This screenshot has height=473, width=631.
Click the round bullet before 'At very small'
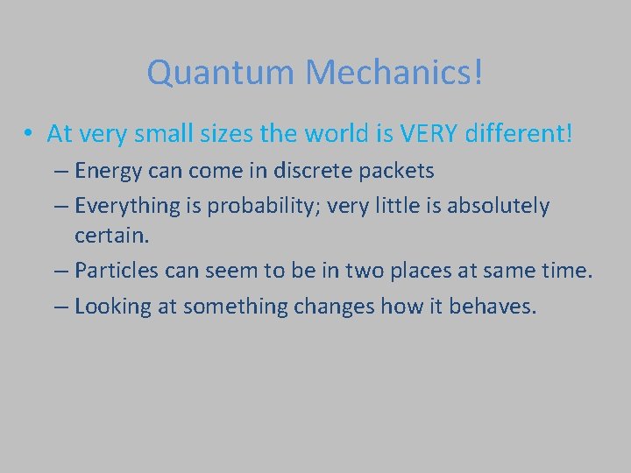coord(30,134)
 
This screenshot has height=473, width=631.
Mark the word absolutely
coord(499,206)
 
